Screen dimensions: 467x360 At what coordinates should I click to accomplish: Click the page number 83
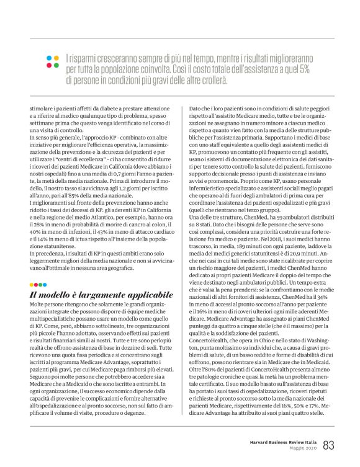pyautogui.click(x=329, y=445)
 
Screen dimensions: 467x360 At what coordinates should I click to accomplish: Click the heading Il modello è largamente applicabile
pyautogui.click(x=101, y=296)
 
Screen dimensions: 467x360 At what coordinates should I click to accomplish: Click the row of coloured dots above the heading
pyautogui.click(x=39, y=285)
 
